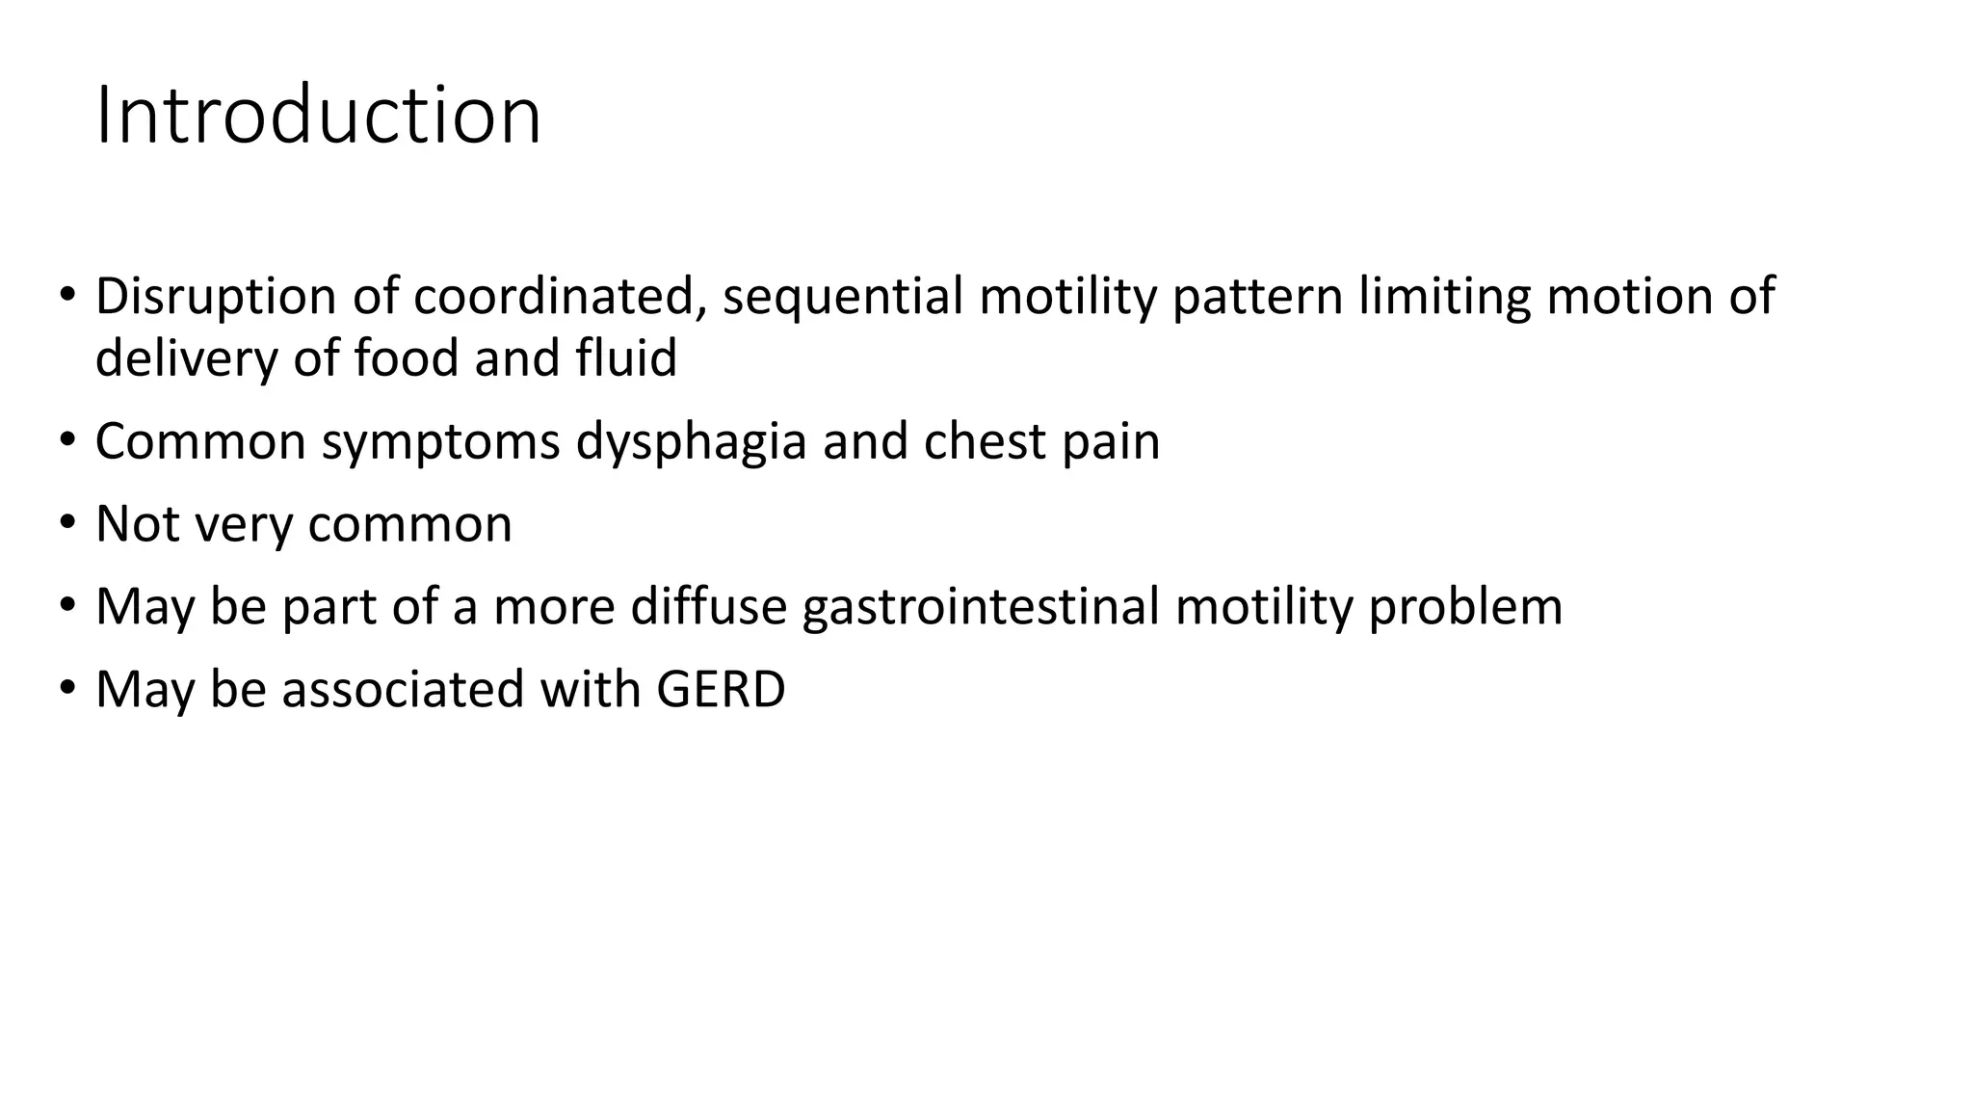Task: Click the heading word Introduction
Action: point(318,117)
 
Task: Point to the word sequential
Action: point(843,296)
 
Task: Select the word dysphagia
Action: point(691,442)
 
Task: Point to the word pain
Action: point(1111,442)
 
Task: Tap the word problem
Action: point(1465,607)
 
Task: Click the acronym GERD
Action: point(721,690)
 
